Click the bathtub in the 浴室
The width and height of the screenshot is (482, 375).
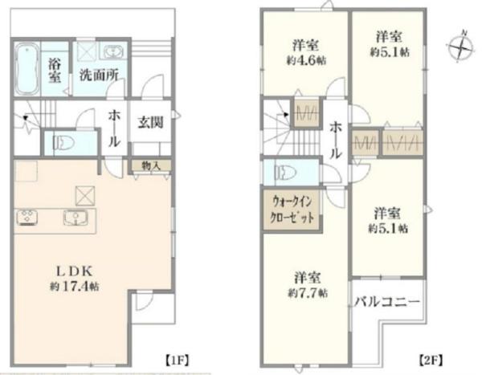pos(27,68)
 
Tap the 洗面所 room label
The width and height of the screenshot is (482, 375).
pos(99,75)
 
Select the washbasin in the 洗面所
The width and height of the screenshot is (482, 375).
pos(113,51)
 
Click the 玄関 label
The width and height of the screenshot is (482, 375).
pos(150,123)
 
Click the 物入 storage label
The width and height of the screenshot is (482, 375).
pos(151,166)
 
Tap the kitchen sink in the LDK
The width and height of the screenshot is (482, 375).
pos(76,218)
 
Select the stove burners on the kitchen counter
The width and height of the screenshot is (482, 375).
pos(27,217)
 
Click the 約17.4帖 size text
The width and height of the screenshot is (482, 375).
pos(75,287)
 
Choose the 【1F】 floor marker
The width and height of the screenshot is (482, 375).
pos(178,360)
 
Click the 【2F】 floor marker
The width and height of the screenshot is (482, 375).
pos(431,361)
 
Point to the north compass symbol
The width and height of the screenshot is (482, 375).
pos(460,47)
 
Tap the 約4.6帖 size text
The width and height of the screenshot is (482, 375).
pos(307,60)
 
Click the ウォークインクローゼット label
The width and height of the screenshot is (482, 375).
pos(292,210)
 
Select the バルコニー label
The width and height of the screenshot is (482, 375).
pos(387,302)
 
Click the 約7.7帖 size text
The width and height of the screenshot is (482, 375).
pos(308,293)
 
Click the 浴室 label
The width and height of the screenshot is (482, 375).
pos(55,71)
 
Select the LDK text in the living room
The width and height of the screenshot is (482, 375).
pos(75,271)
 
